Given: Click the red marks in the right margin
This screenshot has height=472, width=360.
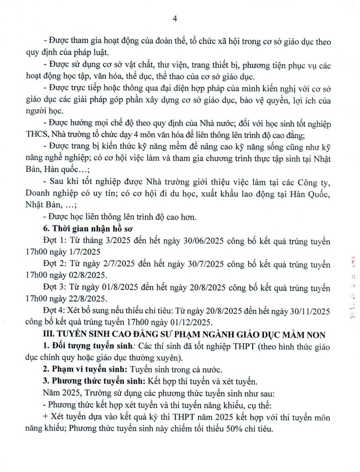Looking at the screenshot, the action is (350, 288).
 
